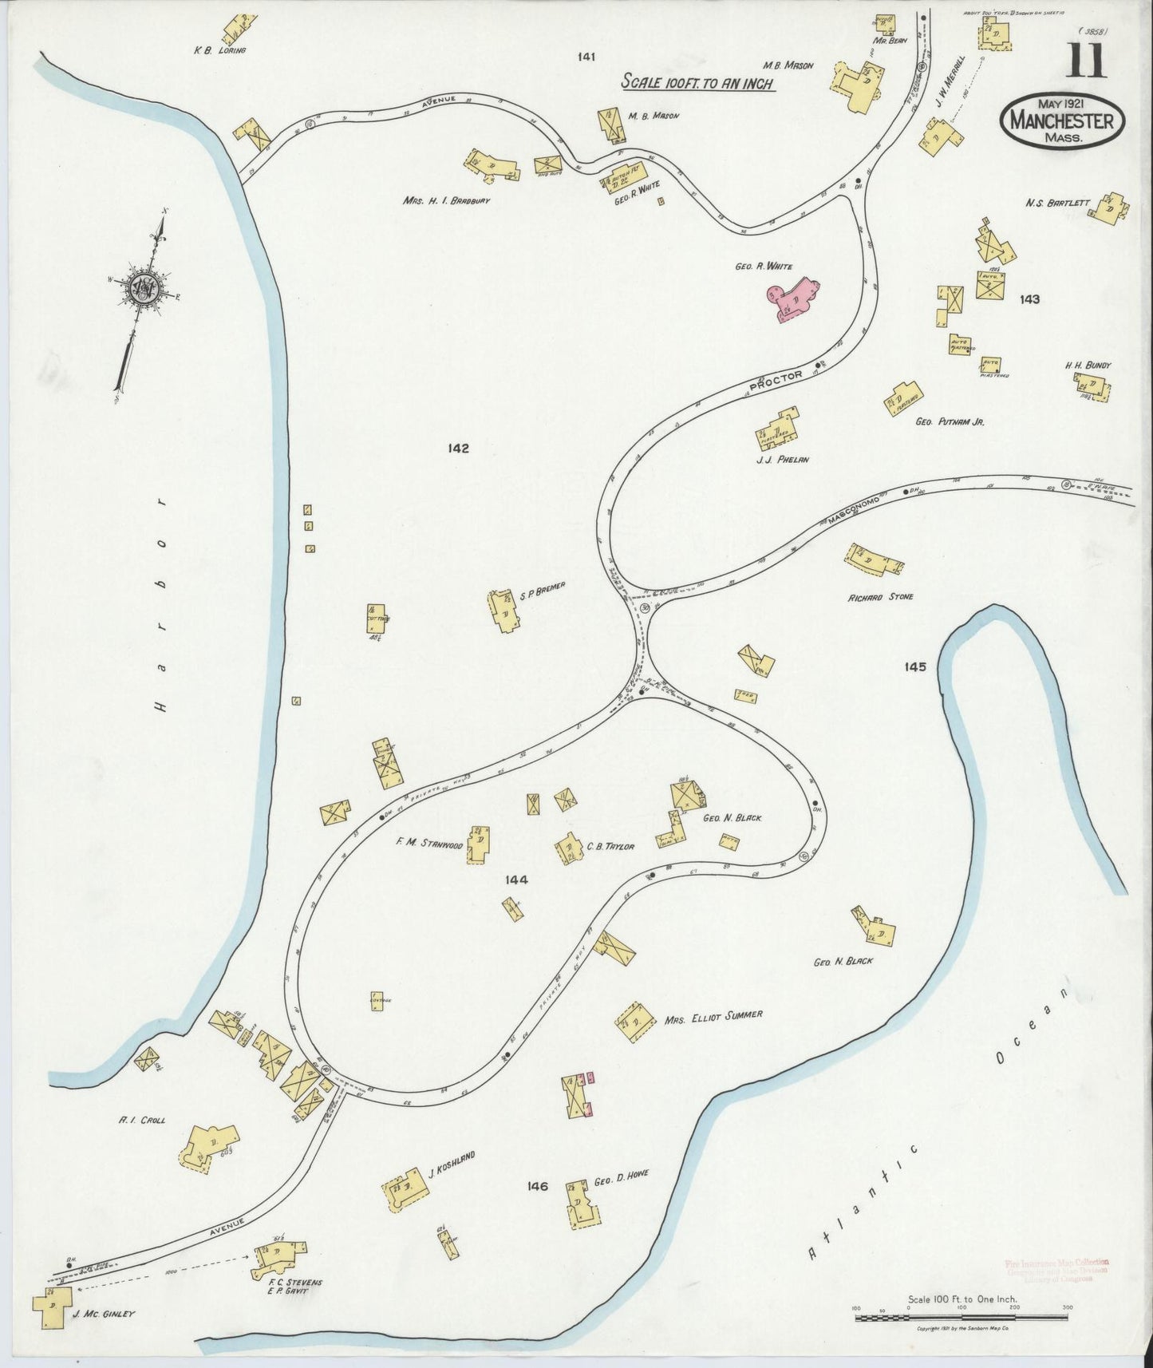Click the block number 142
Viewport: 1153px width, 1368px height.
[458, 448]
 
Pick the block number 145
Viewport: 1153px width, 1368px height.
[915, 666]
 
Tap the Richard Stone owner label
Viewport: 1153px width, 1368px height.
[881, 596]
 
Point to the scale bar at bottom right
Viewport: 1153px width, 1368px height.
[962, 1316]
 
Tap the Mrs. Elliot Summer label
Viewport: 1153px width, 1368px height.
[713, 1015]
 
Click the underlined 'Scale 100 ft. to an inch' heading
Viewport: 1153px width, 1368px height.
[697, 82]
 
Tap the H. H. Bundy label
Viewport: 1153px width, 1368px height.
[1088, 366]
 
